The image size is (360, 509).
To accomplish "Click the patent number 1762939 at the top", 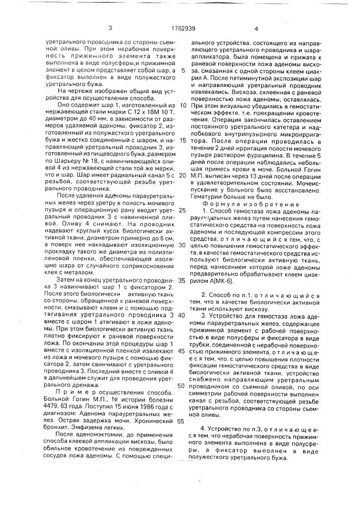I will point(180,29).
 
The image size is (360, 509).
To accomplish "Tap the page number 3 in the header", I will point(110,29).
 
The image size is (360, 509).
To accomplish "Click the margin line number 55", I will point(182,421).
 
